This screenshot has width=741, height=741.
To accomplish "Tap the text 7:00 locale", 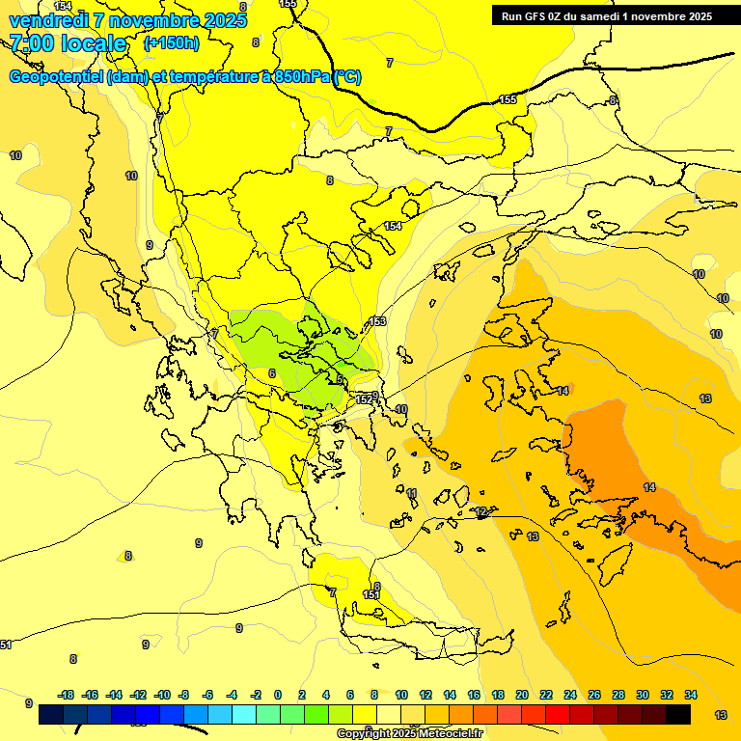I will pyautogui.click(x=68, y=43).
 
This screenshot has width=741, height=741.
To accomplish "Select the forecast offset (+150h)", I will pyautogui.click(x=172, y=43).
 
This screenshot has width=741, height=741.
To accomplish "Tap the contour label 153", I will pyautogui.click(x=377, y=321).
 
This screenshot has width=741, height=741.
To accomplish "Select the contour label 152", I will pyautogui.click(x=364, y=398).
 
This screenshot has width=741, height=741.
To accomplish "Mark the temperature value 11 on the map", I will pyautogui.click(x=412, y=493).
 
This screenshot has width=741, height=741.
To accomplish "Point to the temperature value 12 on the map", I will pyautogui.click(x=481, y=511).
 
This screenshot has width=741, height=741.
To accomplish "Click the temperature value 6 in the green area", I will pyautogui.click(x=272, y=373).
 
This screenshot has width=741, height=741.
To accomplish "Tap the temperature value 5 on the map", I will pyautogui.click(x=340, y=379).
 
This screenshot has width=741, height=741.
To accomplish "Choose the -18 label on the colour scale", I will pyautogui.click(x=67, y=695).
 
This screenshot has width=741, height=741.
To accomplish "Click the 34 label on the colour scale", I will pyautogui.click(x=690, y=695).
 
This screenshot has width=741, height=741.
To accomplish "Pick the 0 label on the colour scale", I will pyautogui.click(x=278, y=695).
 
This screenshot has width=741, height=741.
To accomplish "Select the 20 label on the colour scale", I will pyautogui.click(x=521, y=695).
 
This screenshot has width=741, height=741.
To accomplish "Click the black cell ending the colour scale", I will pyautogui.click(x=678, y=715).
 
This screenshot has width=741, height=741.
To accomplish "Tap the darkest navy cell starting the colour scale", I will pyautogui.click(x=52, y=715).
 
